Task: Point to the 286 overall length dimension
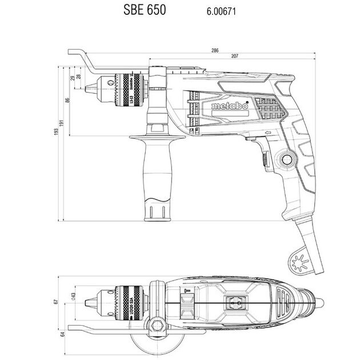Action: pyautogui.click(x=215, y=51)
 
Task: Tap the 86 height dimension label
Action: pyautogui.click(x=67, y=101)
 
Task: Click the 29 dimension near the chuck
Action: pyautogui.click(x=73, y=78)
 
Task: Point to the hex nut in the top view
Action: pyautogui.click(x=155, y=326)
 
